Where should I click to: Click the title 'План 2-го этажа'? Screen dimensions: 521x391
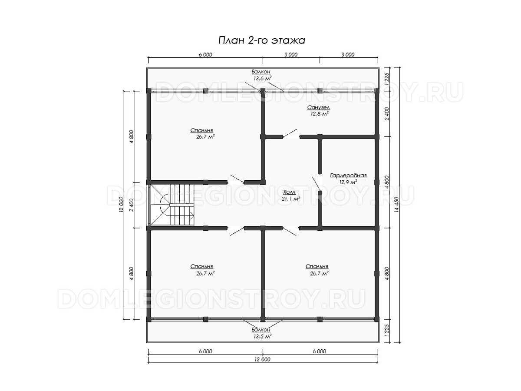point(261,40)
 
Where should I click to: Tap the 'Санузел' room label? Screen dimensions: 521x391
point(319,108)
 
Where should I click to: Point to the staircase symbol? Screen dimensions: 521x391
point(172,205)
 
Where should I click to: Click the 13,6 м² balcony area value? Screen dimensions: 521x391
point(263,78)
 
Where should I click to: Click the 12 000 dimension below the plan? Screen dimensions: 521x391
point(263,359)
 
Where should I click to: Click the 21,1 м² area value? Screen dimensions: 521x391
point(291,199)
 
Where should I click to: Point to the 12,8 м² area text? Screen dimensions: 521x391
point(319,114)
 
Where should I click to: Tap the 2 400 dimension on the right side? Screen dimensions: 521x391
point(387,114)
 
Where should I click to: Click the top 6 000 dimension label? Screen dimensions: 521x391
point(205,55)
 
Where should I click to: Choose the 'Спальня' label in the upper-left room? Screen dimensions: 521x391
point(201,130)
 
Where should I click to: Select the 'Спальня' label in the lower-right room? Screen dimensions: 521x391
point(317,266)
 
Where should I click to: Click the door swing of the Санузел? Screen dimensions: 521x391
point(290,133)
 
